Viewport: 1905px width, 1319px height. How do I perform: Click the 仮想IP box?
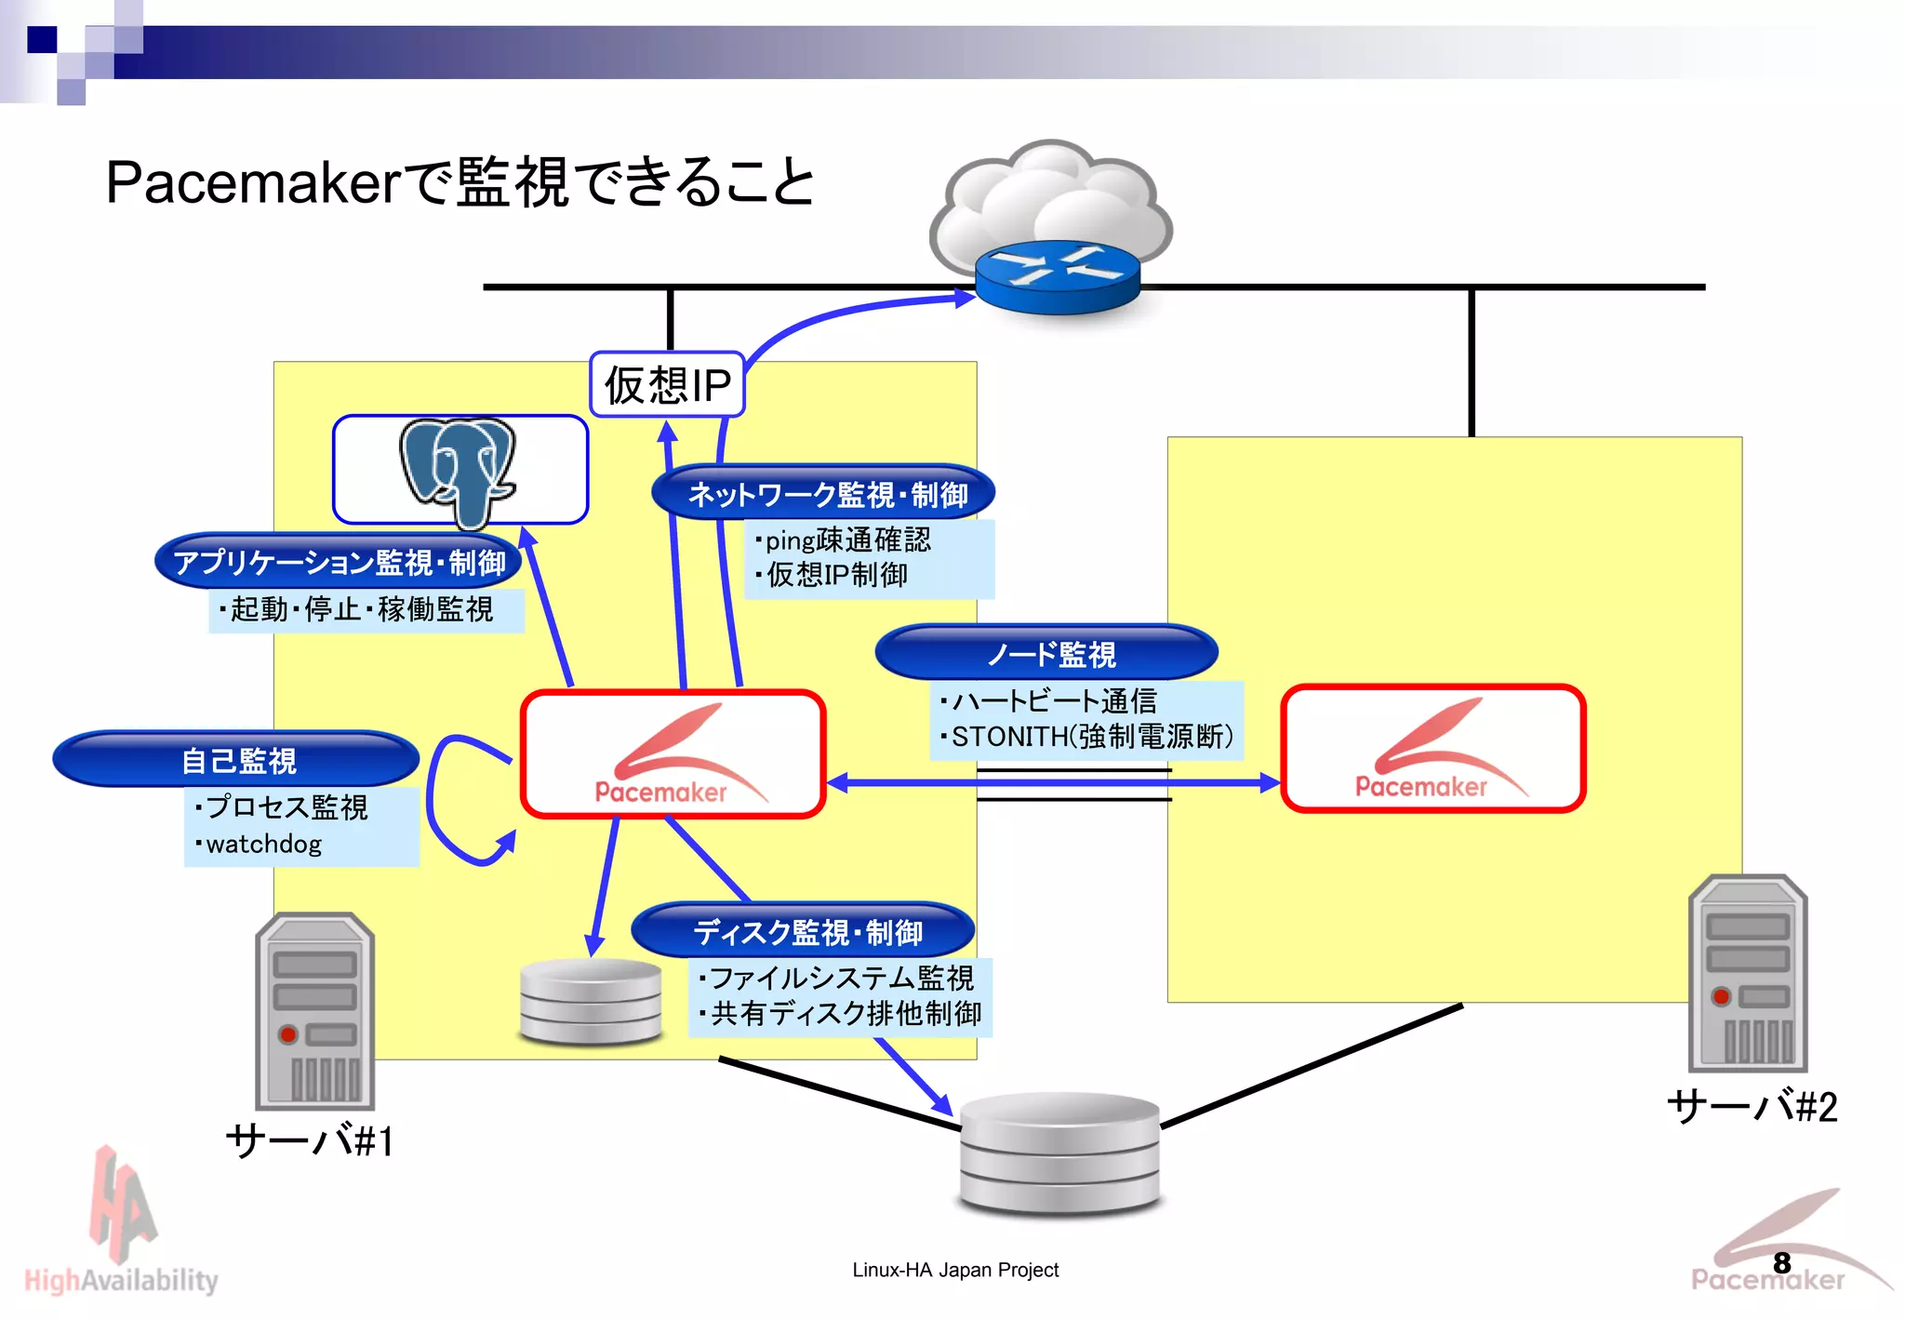coord(667,384)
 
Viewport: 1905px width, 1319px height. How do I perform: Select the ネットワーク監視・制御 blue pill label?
coord(824,493)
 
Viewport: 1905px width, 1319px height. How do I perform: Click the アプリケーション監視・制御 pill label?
coord(339,562)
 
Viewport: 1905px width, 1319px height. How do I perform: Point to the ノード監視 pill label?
coord(1047,653)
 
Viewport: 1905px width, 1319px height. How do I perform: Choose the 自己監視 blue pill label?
coord(236,759)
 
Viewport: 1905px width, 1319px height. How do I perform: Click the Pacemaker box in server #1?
coord(673,753)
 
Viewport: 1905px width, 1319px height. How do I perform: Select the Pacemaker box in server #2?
coord(1432,749)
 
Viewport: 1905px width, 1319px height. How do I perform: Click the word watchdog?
coord(263,844)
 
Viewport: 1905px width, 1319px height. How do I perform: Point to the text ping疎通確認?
coord(846,540)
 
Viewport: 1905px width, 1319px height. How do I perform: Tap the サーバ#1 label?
coord(310,1140)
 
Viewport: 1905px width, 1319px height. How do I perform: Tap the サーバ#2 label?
coord(1752,1107)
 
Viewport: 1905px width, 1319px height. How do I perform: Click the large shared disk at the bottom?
coord(1059,1153)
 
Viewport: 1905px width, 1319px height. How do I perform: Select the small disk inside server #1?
coord(591,1002)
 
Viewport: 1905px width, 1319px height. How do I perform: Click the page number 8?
coord(1781,1262)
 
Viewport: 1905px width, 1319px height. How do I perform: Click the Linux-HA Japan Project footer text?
coord(955,1270)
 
